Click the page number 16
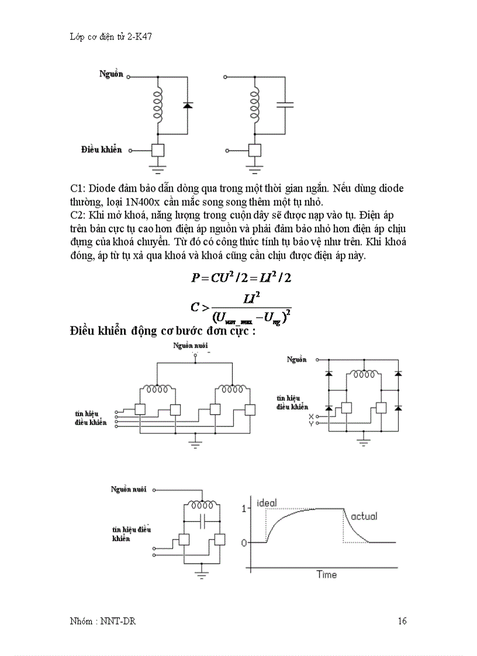402,621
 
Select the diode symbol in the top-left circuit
187,105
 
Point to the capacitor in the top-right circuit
285,105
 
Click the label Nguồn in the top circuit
111,75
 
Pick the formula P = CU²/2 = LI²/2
241,278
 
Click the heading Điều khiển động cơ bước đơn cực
163,331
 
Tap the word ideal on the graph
267,503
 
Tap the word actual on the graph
364,516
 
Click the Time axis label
326,575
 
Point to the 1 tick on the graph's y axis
244,509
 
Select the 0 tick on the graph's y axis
244,543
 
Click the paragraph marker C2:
78,214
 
